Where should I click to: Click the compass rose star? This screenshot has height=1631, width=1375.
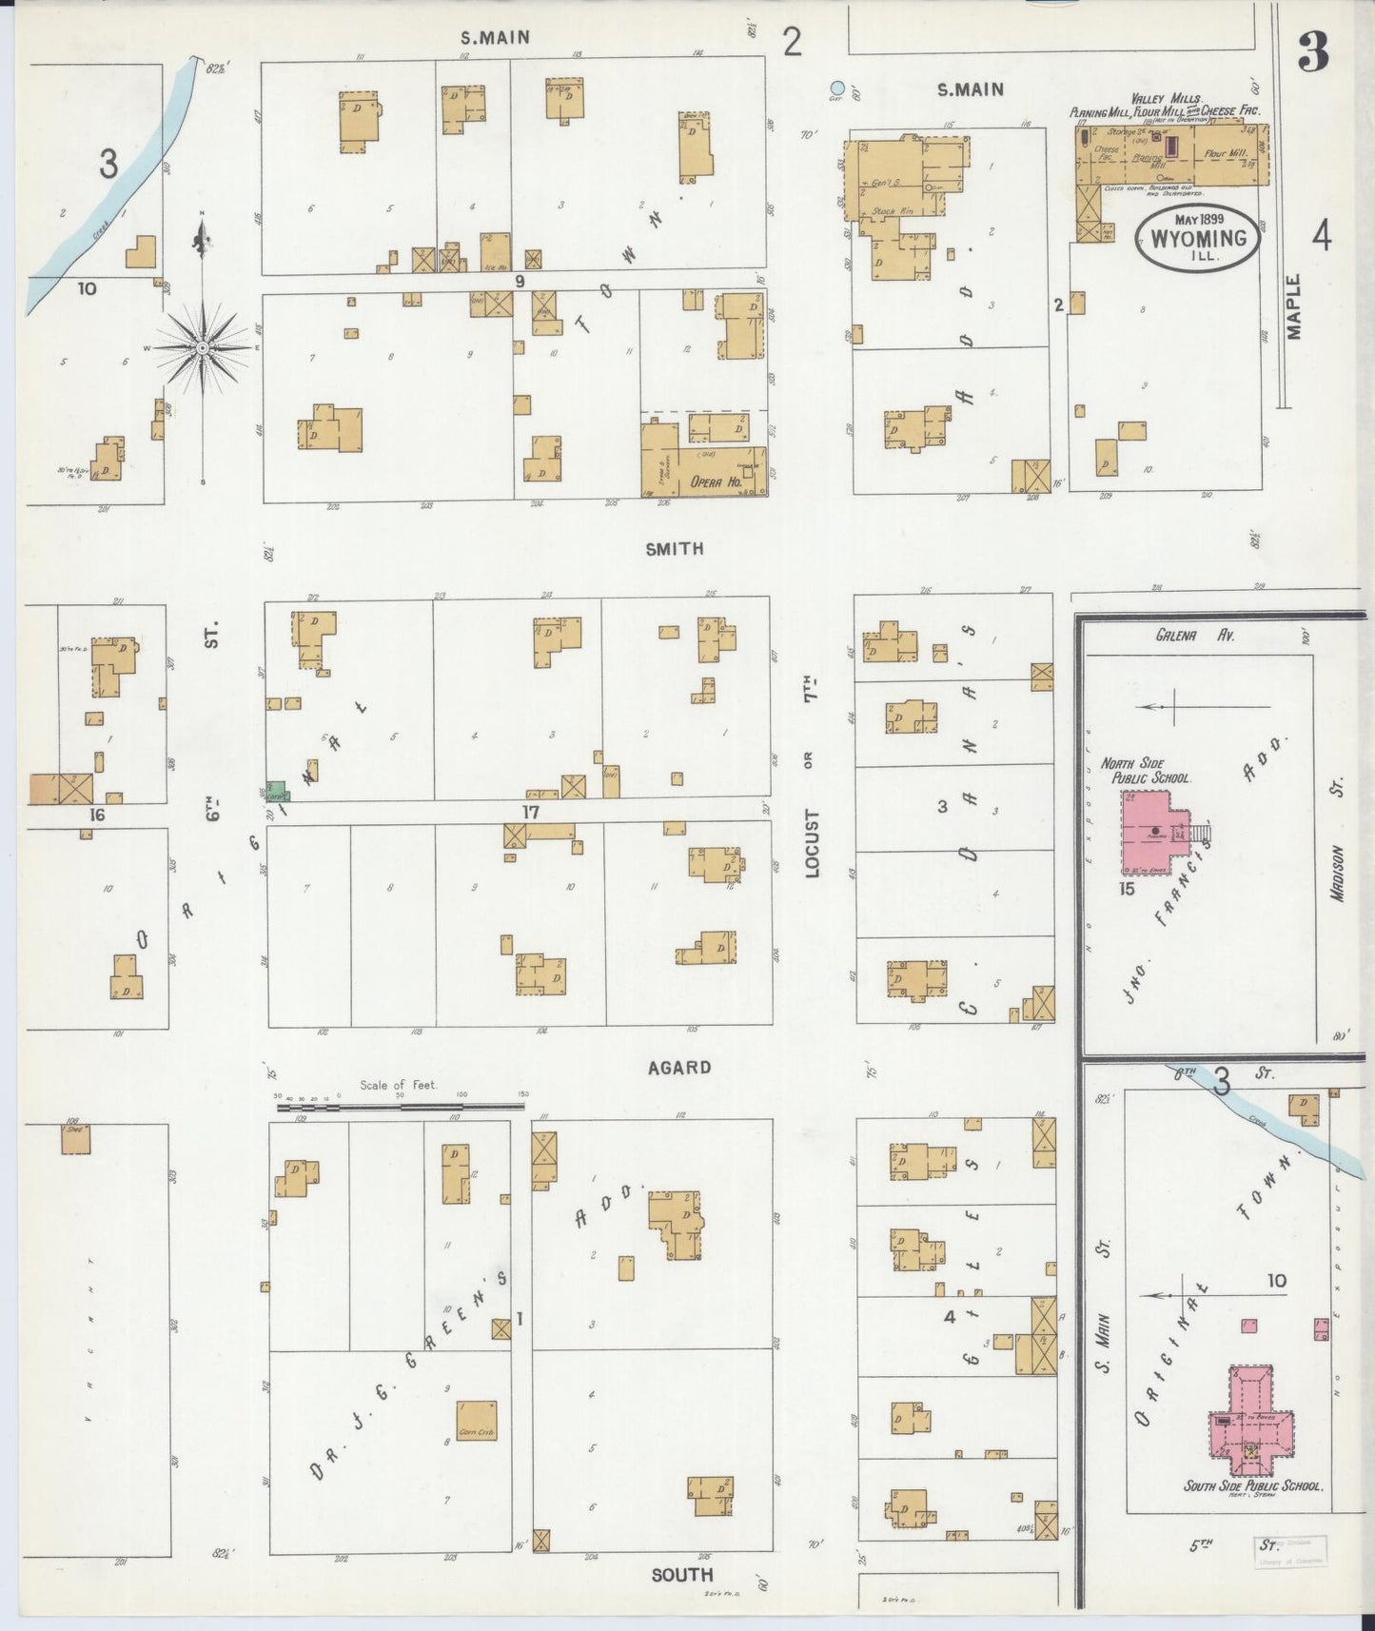202,348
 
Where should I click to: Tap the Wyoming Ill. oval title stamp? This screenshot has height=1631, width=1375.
1198,238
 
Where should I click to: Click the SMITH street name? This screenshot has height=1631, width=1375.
675,549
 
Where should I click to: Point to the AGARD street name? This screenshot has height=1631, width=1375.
678,1068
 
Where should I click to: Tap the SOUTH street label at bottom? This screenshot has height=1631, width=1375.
682,1575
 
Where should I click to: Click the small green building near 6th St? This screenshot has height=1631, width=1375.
276,792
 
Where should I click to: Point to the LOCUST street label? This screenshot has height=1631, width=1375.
812,842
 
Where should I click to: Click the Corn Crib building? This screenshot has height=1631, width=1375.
476,1420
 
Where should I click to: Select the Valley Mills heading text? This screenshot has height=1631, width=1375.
1167,99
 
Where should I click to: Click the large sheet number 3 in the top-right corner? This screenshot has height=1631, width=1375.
1314,55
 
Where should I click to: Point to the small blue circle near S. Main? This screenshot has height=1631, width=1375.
836,88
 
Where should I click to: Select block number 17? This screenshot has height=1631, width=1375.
530,812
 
